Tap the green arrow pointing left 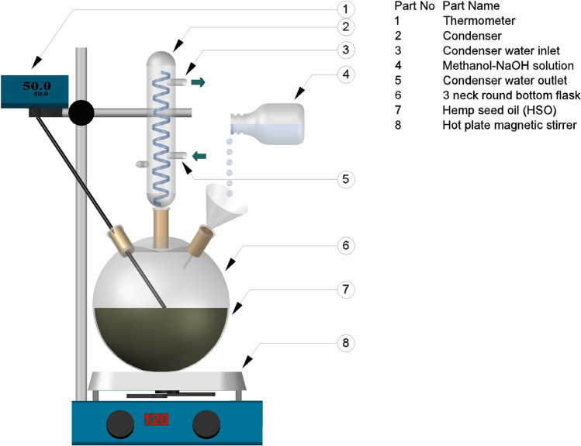[x=199, y=156]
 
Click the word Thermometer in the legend [x=476, y=21]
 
